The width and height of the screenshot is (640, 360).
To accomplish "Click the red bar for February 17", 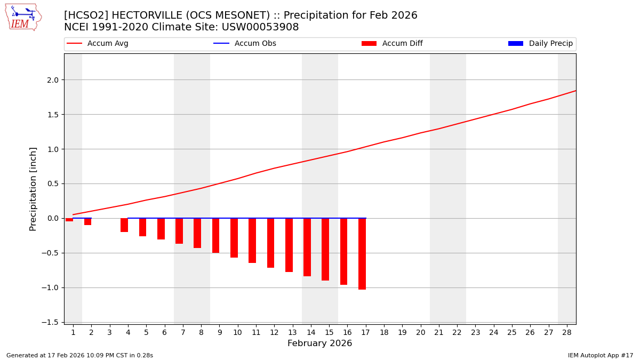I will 362,254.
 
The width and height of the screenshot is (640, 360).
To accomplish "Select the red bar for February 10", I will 234,238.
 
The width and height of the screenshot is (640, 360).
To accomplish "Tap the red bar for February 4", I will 124,225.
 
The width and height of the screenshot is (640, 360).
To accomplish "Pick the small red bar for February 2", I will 87,221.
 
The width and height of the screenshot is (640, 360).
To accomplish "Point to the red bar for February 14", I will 307,247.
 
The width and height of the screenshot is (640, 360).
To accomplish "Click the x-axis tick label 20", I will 420,332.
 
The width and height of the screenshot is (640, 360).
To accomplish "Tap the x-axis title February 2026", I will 319,343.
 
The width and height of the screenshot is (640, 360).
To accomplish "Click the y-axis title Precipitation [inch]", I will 33,189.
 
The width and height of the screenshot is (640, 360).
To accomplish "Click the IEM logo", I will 23,17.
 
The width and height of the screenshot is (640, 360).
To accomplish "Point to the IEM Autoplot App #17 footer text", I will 601,355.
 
